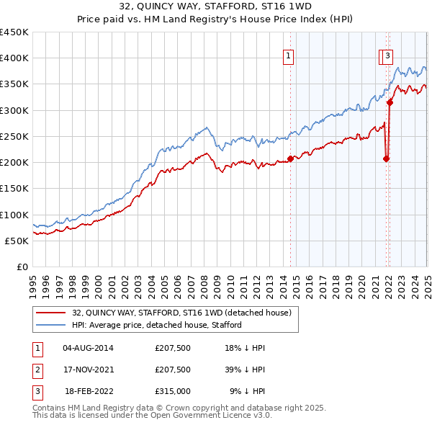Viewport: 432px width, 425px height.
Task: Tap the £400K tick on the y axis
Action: pos(14,58)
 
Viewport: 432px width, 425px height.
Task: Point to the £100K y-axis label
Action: pos(14,215)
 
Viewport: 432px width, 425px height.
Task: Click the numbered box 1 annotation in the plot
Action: pos(288,55)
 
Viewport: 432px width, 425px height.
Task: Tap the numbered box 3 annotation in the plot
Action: pos(387,55)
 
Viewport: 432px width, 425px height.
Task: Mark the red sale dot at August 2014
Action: pos(291,158)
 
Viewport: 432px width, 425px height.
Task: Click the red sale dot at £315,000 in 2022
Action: pos(390,102)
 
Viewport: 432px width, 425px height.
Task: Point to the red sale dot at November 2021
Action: pos(387,158)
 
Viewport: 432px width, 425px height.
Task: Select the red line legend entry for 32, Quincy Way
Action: pos(181,313)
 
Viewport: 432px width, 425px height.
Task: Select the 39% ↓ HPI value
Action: pos(246,370)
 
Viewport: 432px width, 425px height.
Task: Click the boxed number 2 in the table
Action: pos(37,370)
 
